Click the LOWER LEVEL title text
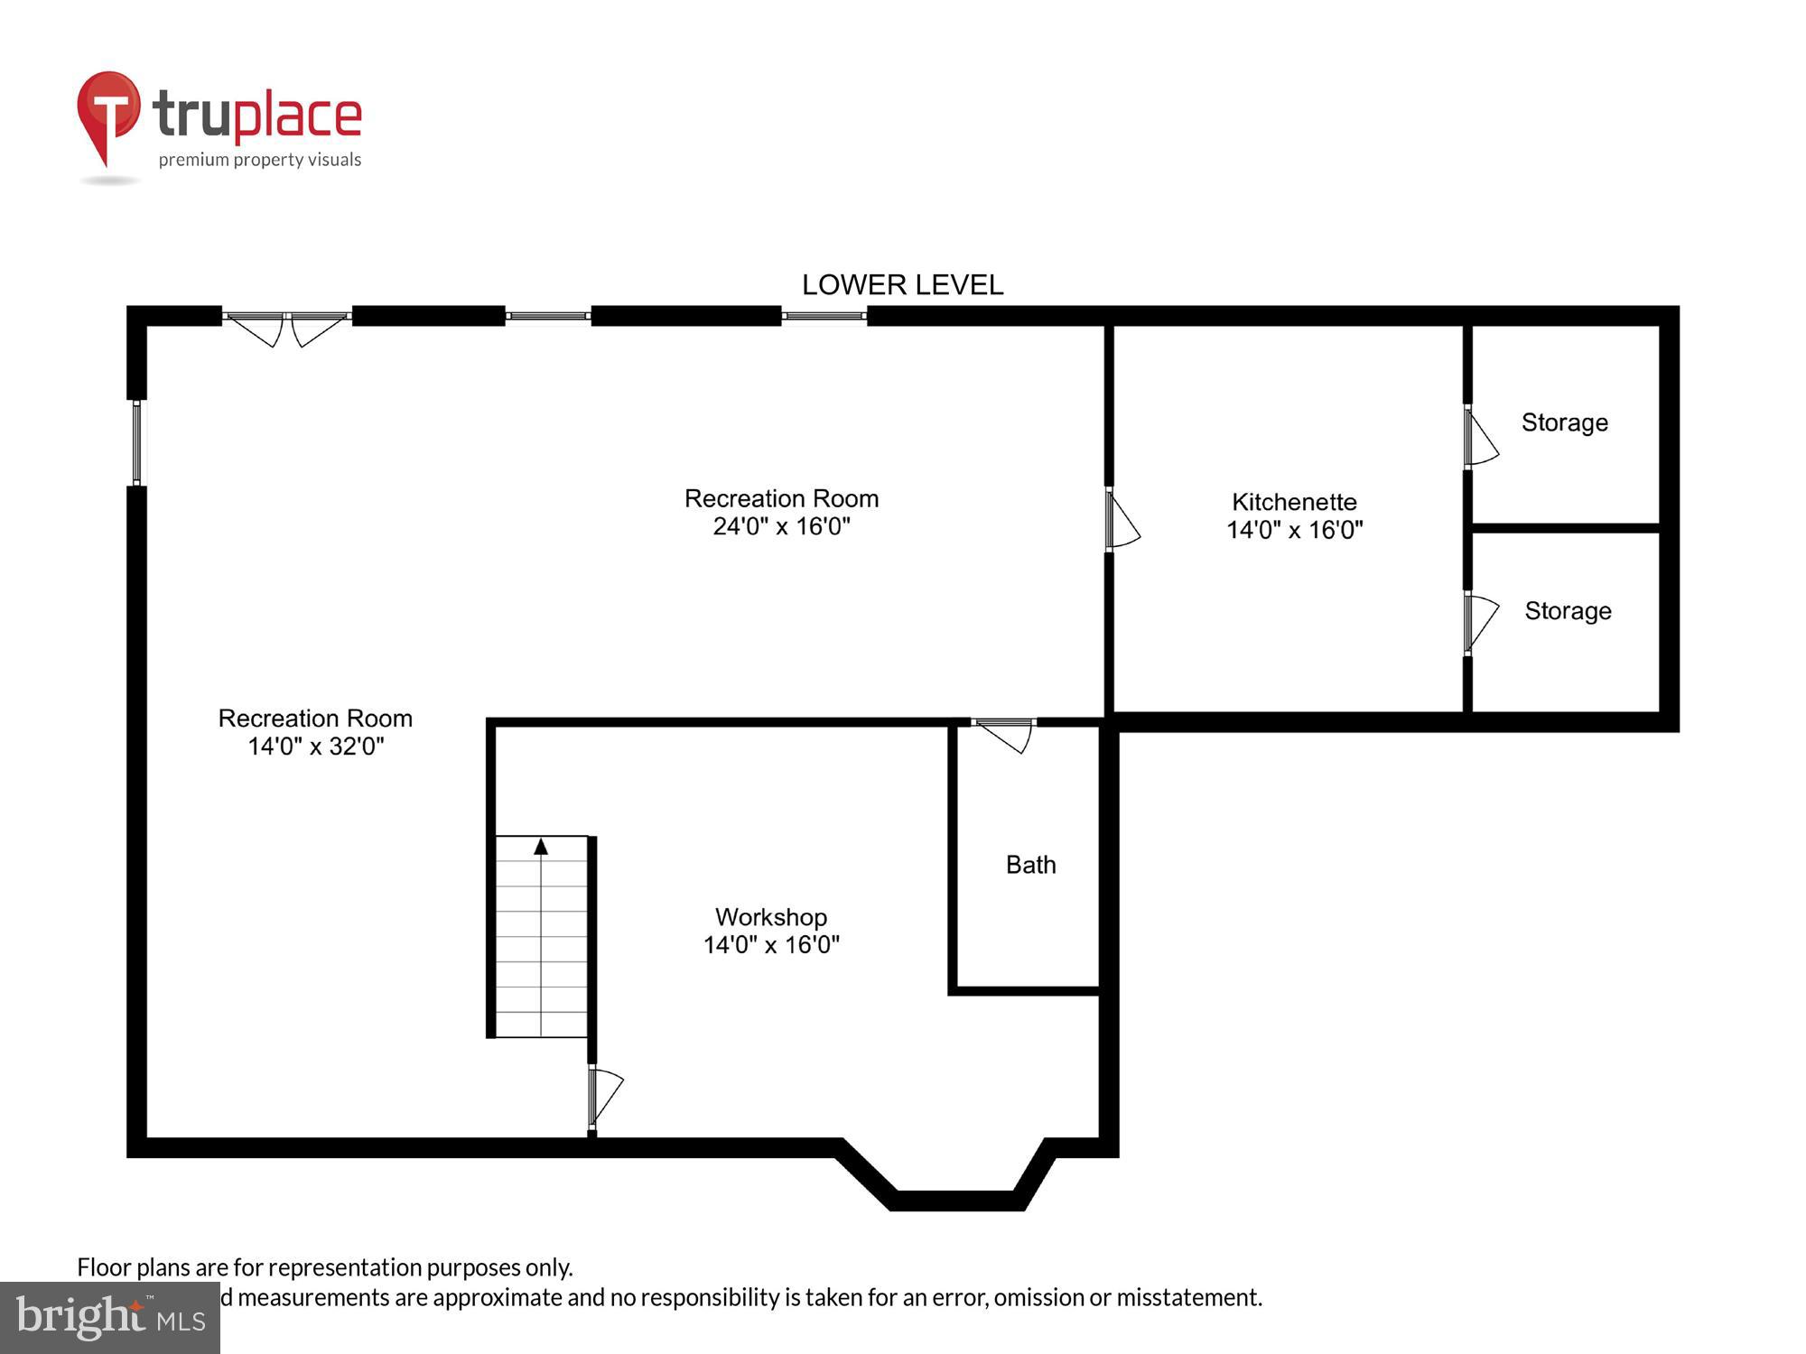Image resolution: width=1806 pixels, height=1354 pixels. pos(902,285)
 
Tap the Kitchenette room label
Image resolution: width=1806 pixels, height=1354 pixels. pos(1294,502)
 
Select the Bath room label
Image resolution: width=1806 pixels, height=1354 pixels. pos(1030,865)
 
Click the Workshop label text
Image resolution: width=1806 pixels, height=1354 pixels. pos(771,917)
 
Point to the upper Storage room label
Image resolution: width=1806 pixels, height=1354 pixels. pos(1564,422)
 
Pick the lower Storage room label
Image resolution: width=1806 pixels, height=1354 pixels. pos(1568,611)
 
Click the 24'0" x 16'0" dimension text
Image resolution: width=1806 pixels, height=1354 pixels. pos(781,526)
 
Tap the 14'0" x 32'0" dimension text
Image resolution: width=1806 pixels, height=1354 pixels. pos(316,747)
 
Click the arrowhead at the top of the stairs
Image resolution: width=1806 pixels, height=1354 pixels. pos(541,847)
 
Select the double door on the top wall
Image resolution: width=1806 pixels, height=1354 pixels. pos(286,327)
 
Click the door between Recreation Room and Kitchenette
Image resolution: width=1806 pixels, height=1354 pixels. pos(1120,519)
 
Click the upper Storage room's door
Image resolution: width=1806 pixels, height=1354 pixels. pos(1478,438)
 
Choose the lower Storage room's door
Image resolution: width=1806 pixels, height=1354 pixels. pos(1478,622)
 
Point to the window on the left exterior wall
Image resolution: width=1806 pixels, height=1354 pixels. pos(136,443)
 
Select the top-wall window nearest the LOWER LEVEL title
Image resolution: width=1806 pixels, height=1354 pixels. pos(824,316)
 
